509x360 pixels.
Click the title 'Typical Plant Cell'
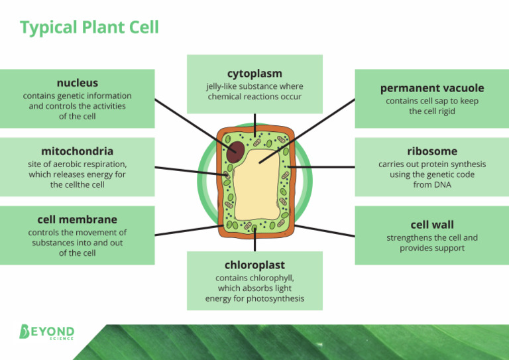pyautogui.click(x=89, y=28)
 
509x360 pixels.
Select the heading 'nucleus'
pyautogui.click(x=77, y=83)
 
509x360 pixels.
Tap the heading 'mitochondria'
pyautogui.click(x=77, y=151)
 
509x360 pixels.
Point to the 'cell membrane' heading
pyautogui.click(x=77, y=219)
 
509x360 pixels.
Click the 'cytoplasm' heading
pyautogui.click(x=254, y=73)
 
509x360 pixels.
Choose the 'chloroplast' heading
pyautogui.click(x=254, y=265)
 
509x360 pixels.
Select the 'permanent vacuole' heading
pyautogui.click(x=431, y=88)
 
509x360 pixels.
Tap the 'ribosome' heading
pyautogui.click(x=431, y=151)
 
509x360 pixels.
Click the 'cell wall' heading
pyautogui.click(x=431, y=225)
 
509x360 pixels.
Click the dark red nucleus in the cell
pyautogui.click(x=235, y=151)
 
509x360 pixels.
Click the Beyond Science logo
pyautogui.click(x=47, y=332)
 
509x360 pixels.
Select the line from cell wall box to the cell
pyautogui.click(x=325, y=231)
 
